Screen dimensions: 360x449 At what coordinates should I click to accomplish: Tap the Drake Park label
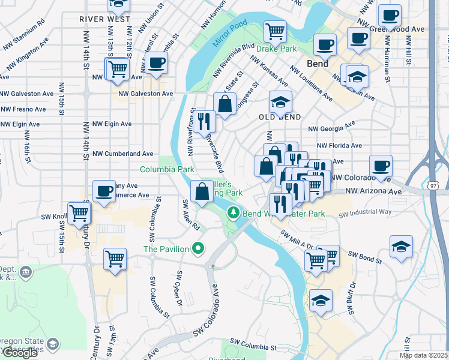(277, 47)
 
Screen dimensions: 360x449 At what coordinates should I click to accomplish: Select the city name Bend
(317, 63)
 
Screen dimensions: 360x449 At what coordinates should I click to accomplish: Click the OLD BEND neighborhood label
(280, 116)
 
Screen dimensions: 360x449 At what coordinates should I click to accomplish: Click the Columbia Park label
(167, 170)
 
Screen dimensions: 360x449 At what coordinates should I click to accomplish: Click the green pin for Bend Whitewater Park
(233, 213)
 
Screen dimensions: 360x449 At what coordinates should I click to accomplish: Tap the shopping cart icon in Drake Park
(275, 30)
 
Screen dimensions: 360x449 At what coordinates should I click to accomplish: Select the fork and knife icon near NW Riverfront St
(205, 121)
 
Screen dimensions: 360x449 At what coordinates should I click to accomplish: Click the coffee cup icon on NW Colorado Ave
(380, 165)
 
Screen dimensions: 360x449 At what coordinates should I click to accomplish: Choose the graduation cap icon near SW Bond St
(401, 247)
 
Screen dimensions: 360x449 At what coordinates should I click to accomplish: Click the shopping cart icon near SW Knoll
(79, 212)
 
